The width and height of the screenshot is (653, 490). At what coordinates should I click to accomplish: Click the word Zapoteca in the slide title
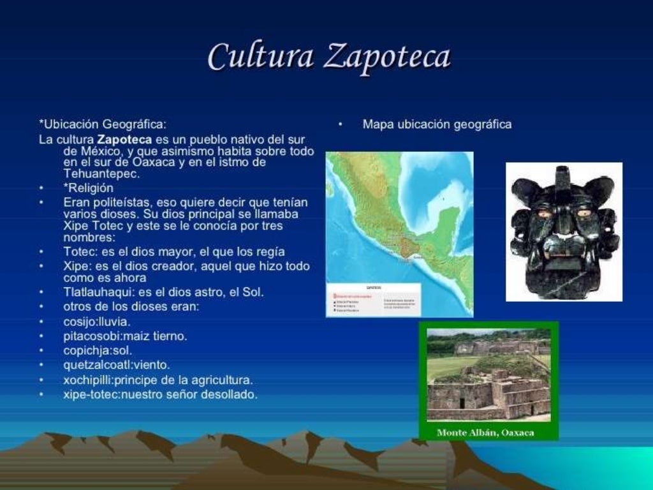pyautogui.click(x=387, y=57)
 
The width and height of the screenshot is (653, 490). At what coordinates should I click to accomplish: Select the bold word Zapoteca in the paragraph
pyautogui.click(x=124, y=139)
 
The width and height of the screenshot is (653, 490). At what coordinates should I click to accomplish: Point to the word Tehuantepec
pyautogui.click(x=102, y=174)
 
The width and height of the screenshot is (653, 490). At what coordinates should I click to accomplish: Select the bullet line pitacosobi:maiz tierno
pyautogui.click(x=125, y=336)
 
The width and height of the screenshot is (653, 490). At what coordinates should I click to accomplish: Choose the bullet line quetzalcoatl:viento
pyautogui.click(x=117, y=365)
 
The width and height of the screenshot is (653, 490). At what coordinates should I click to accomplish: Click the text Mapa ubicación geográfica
pyautogui.click(x=437, y=124)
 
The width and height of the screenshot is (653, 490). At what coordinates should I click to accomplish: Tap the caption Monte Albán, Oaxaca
pyautogui.click(x=485, y=433)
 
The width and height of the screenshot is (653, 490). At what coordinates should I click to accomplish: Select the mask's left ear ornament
pyautogui.click(x=522, y=191)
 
